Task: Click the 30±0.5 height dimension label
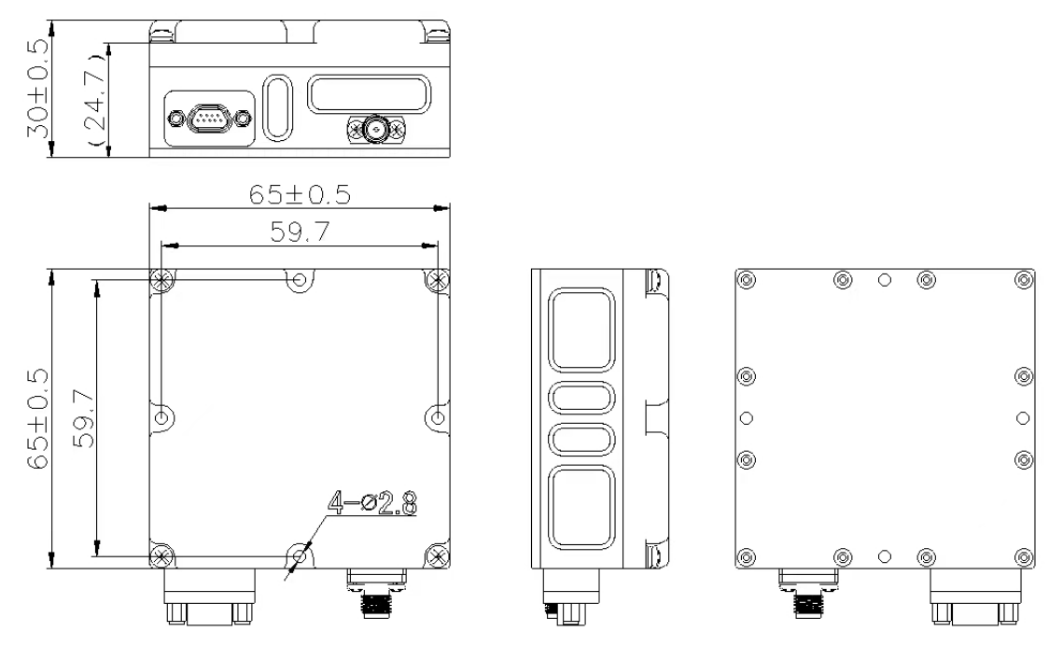38,88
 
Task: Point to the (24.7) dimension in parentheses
95,99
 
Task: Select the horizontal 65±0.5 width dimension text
300,195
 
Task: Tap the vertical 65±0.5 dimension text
38,418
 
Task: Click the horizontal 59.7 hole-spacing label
300,232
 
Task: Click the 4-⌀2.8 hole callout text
372,503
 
